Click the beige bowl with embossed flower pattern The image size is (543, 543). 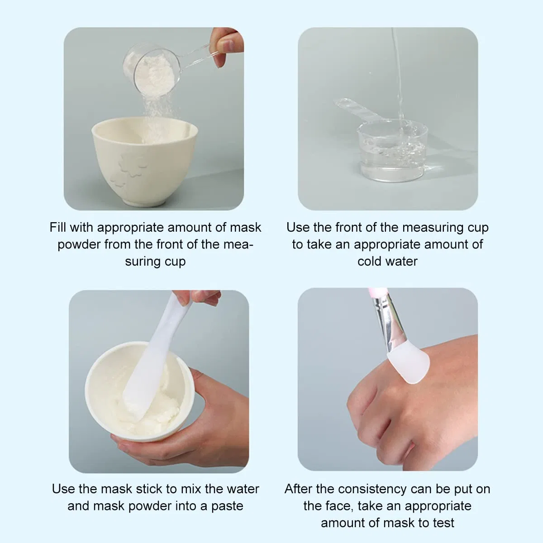tap(144, 161)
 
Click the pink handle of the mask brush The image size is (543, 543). tap(376, 292)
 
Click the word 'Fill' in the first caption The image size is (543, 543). tap(58, 227)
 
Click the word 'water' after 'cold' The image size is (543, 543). tap(401, 262)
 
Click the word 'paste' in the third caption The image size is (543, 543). tap(227, 506)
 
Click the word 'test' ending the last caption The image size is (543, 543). tap(443, 523)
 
